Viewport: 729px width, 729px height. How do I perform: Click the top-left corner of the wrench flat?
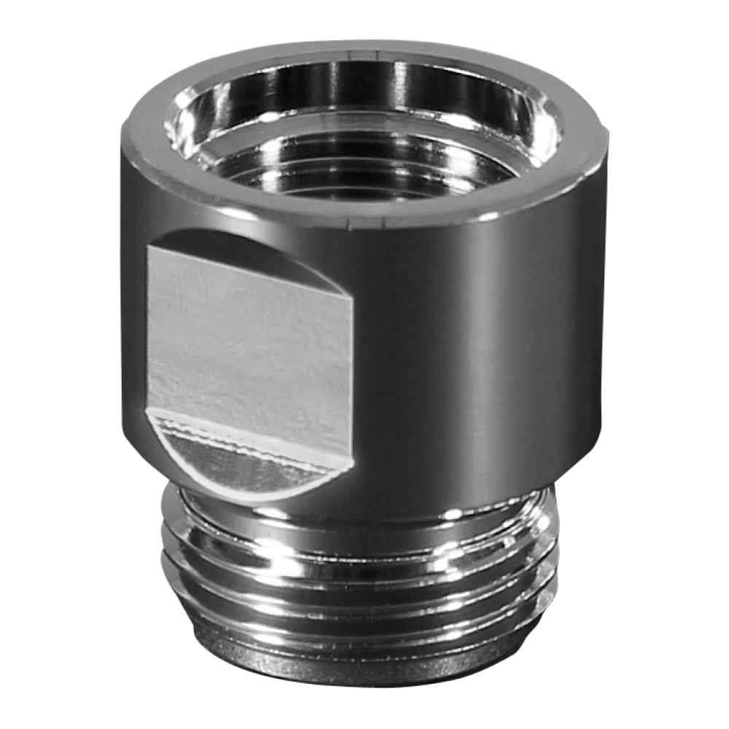(149, 248)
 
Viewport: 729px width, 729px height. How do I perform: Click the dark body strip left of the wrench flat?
(135, 328)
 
